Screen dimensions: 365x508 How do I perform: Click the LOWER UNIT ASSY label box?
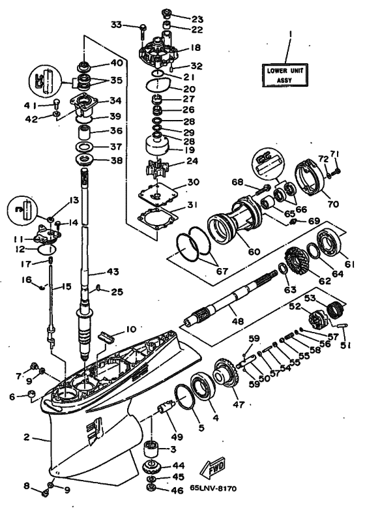[x=285, y=75]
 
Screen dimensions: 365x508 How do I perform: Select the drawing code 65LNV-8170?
[x=214, y=488]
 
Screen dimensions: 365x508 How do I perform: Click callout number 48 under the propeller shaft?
[x=238, y=321]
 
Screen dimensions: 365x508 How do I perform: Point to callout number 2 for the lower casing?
[x=27, y=438]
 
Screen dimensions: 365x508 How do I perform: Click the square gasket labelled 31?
[x=156, y=219]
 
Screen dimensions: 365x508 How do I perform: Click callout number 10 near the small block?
[x=130, y=330]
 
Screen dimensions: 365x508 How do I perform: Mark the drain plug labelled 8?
[x=45, y=494]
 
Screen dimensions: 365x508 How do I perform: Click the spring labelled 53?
[x=334, y=309]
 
